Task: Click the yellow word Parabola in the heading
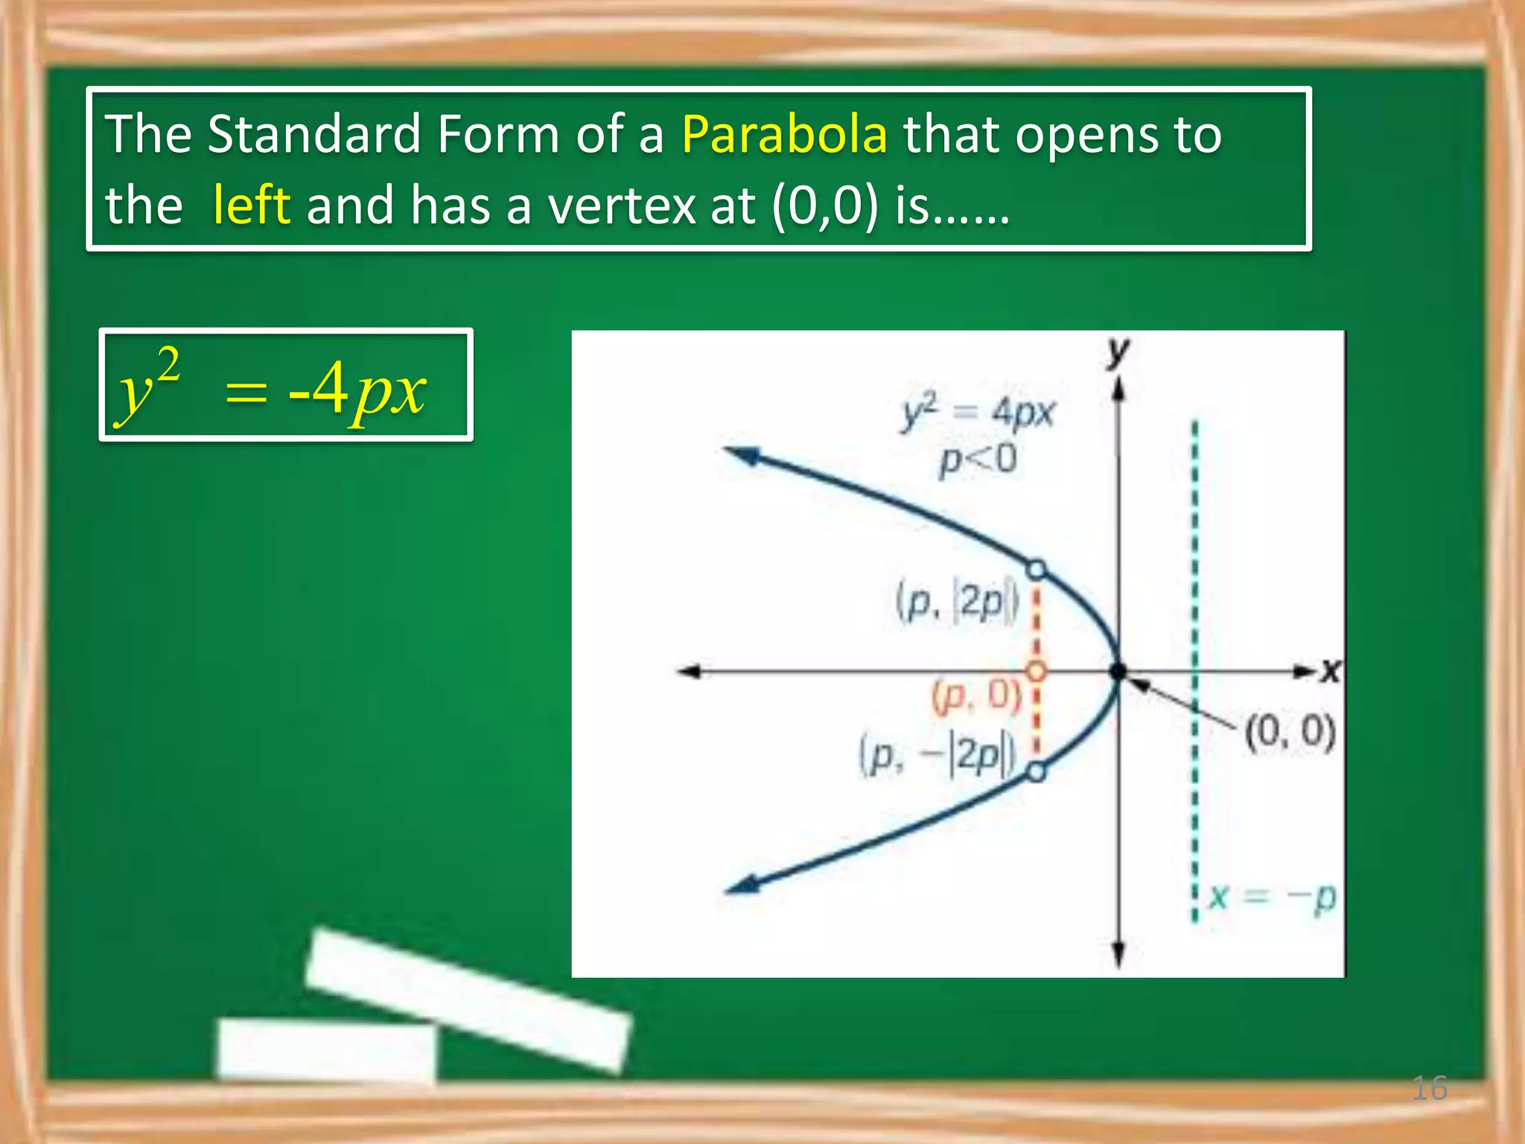pos(784,135)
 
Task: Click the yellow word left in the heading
pos(251,205)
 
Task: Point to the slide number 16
pos(1429,1088)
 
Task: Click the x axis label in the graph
pos(1331,671)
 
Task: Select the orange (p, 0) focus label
pos(976,697)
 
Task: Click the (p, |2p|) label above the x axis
pos(956,602)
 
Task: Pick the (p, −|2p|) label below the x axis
pos(937,754)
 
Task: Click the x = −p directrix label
pos(1273,897)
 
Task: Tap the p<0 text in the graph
pos(978,460)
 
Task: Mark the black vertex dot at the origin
pos(1118,671)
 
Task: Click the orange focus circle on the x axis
pos(1036,671)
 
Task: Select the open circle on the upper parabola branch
pos(1036,571)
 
